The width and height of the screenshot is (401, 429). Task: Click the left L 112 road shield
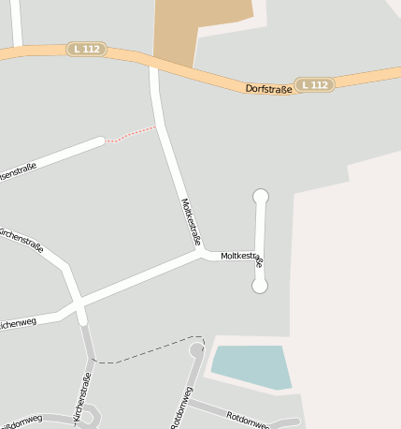[x=86, y=49]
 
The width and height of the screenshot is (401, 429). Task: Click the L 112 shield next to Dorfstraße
[x=315, y=84]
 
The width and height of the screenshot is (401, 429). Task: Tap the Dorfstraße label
[x=268, y=88]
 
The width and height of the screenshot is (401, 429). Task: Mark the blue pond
[x=251, y=366]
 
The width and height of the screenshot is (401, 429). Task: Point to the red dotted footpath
[x=131, y=135]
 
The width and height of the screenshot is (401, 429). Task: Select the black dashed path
[x=150, y=348]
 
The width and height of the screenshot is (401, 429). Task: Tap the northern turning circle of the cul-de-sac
[x=261, y=196]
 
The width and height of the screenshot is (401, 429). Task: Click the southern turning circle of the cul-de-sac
[x=260, y=286]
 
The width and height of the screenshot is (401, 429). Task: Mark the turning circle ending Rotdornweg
[x=196, y=350]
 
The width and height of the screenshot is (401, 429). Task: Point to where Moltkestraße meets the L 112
[x=152, y=66]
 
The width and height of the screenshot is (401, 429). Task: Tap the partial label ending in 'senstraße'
[x=17, y=170]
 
